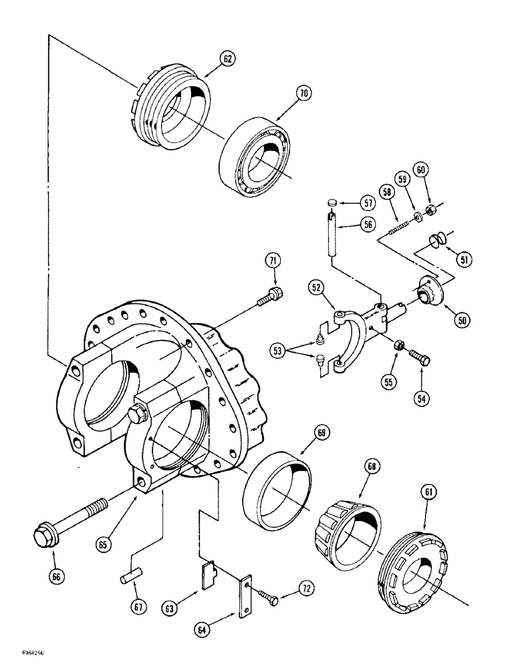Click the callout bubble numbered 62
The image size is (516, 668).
[228, 59]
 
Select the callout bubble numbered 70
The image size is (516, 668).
[304, 95]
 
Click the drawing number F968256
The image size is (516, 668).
[23, 656]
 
